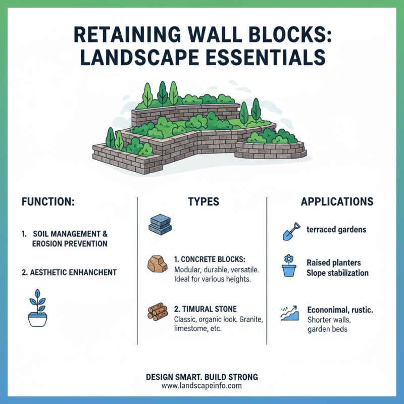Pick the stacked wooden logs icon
[158, 312]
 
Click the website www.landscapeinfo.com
[202, 386]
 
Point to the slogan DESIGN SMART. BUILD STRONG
[202, 377]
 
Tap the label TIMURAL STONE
[205, 309]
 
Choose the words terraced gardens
[336, 229]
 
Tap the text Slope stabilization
[337, 273]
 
